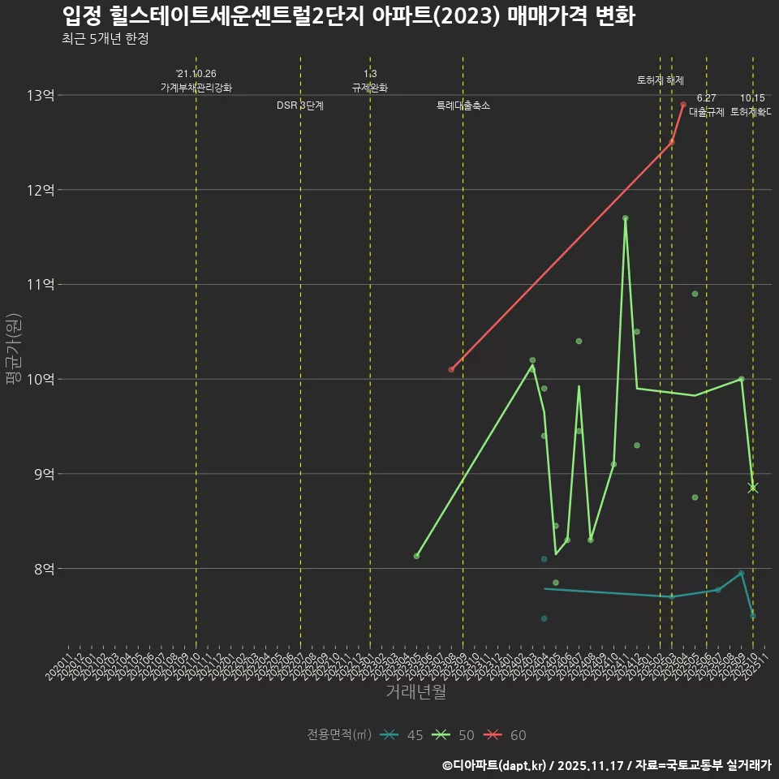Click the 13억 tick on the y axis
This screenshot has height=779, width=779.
click(x=40, y=96)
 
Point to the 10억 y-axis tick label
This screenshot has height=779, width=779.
click(x=40, y=379)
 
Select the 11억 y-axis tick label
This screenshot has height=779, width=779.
click(x=40, y=285)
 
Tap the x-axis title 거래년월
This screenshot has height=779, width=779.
click(x=415, y=692)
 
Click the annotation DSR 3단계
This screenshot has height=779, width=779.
click(x=300, y=105)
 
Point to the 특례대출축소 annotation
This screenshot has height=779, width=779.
click(x=463, y=105)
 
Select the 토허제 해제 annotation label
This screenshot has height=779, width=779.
click(x=661, y=80)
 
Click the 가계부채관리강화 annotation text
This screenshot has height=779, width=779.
click(x=196, y=88)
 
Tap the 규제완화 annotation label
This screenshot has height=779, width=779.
click(x=370, y=88)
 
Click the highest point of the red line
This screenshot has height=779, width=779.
click(x=683, y=105)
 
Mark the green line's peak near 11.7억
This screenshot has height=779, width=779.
click(x=625, y=218)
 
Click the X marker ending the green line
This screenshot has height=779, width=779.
click(x=753, y=487)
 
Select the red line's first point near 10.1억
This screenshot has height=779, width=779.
click(x=451, y=370)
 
